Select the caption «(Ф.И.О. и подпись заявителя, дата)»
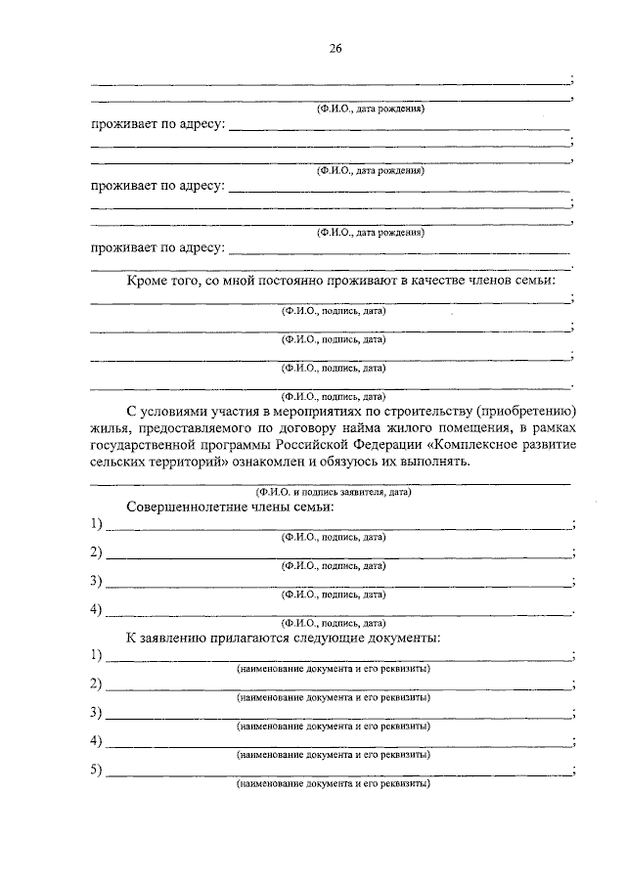point(333,493)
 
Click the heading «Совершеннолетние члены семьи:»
point(231,508)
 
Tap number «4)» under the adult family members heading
point(97,610)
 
